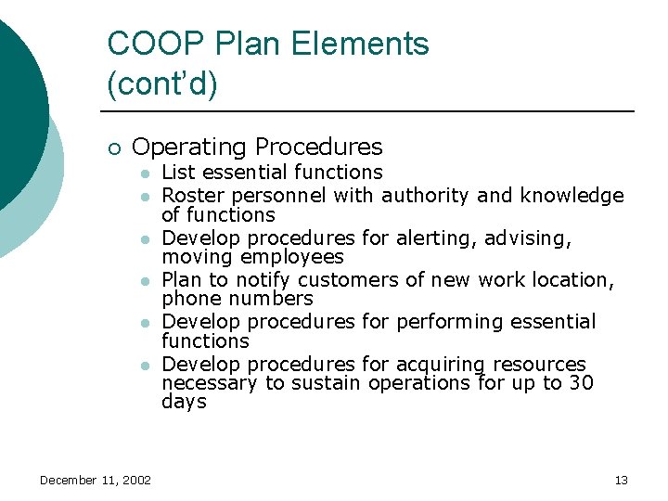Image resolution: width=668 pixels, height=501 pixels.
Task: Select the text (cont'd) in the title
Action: point(162,84)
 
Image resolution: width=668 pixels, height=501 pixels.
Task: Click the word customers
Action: point(343,279)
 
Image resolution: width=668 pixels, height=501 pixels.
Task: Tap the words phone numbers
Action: point(238,299)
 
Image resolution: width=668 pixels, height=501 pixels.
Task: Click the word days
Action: point(184,402)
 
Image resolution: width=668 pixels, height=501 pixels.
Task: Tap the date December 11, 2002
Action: point(96,480)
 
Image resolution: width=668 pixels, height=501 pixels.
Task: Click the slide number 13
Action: point(621,480)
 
